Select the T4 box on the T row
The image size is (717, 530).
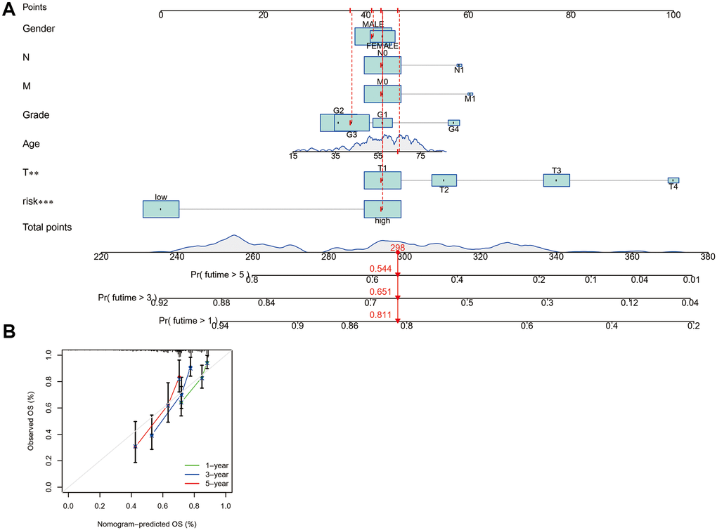click(673, 180)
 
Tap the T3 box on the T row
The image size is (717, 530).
click(556, 180)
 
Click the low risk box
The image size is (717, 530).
click(161, 209)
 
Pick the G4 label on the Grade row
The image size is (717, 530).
click(454, 130)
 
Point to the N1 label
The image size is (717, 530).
click(459, 70)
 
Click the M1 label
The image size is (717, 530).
click(470, 100)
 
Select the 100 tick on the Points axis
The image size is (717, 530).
click(673, 15)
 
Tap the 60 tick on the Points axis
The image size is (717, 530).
click(468, 15)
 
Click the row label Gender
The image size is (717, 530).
click(39, 28)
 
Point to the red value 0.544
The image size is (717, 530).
click(380, 269)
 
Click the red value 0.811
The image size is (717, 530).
click(380, 315)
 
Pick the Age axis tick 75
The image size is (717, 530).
click(420, 156)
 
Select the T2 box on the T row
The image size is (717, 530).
click(444, 180)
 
